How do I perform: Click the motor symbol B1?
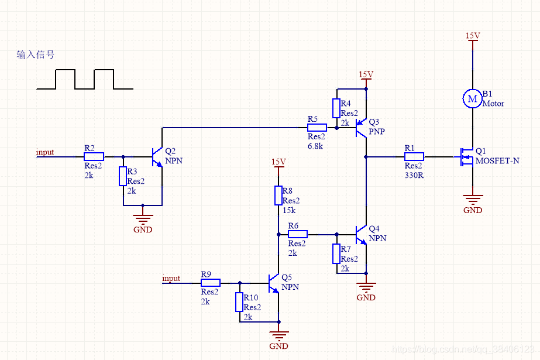coord(472,98)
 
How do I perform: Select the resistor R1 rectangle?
coord(414,157)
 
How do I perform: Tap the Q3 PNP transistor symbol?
coord(361,128)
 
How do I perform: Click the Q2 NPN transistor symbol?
coord(157,157)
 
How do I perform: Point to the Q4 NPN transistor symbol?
coord(361,235)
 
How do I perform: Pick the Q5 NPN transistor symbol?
coord(274,283)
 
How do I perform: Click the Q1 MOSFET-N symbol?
coord(466,157)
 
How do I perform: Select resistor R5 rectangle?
coord(317,128)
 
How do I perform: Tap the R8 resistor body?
coord(278,196)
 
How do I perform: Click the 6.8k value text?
coord(315,146)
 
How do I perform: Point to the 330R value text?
coord(414,175)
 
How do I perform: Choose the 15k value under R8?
coord(289,210)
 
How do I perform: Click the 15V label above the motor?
coord(473,36)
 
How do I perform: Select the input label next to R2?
coord(45,152)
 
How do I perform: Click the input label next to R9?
coord(171,278)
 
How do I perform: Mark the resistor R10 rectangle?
coord(239,302)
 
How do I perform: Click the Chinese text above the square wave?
coord(36,54)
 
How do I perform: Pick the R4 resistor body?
coord(336,108)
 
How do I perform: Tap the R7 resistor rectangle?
coord(336,254)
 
